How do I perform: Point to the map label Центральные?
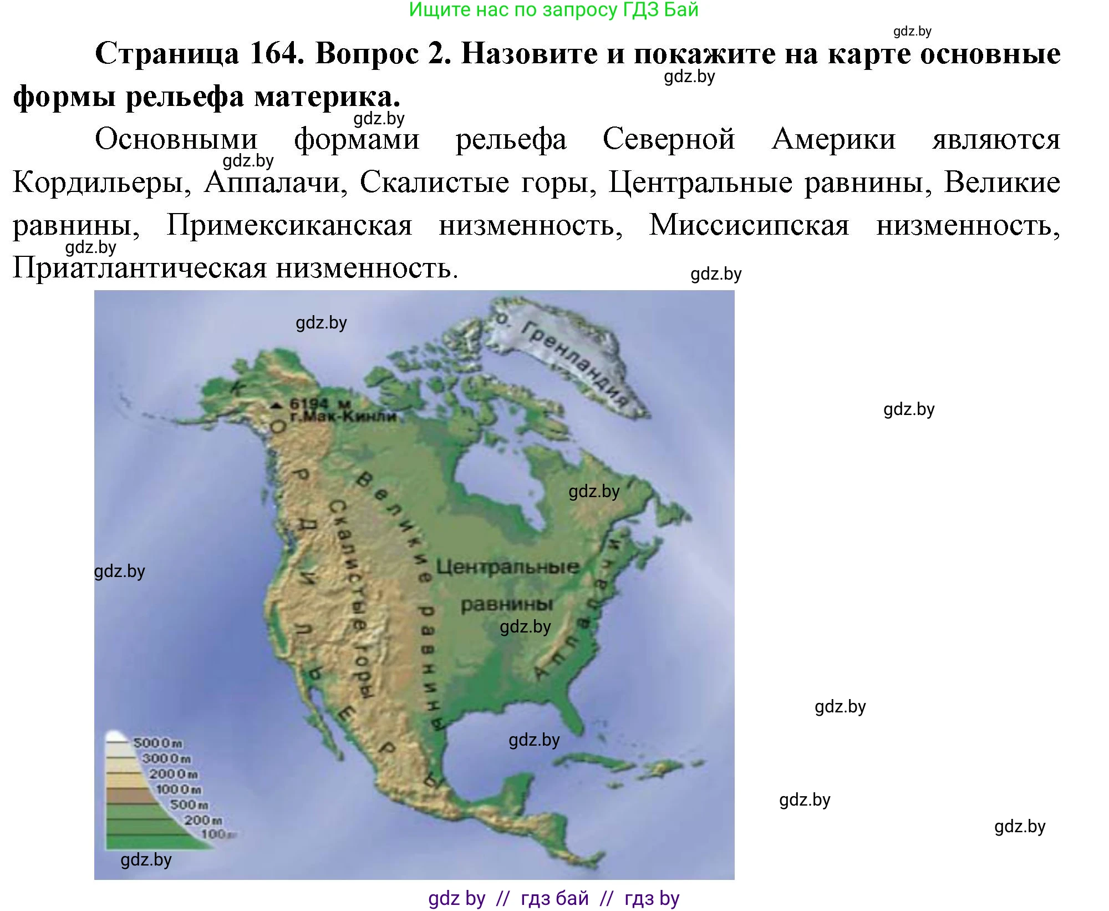point(507,567)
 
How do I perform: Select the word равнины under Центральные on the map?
point(507,604)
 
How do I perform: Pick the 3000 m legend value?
point(166,758)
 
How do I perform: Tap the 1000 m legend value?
point(179,789)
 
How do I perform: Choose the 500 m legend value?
point(189,804)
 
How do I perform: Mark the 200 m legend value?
point(203,820)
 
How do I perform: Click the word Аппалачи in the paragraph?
point(276,182)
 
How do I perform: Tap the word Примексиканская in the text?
point(289,225)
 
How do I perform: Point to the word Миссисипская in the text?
point(749,225)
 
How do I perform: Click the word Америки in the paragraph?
point(833,139)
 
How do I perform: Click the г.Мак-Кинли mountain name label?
point(343,417)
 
